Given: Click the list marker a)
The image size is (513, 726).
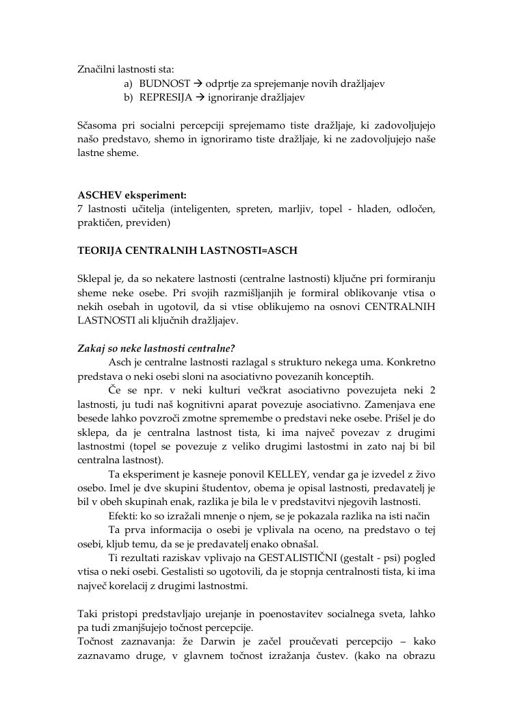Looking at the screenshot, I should (129, 83).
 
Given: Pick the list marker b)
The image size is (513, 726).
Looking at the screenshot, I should (129, 97).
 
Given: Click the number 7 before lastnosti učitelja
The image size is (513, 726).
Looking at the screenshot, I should (81, 209).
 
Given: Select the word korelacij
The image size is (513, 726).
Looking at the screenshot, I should (143, 585).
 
